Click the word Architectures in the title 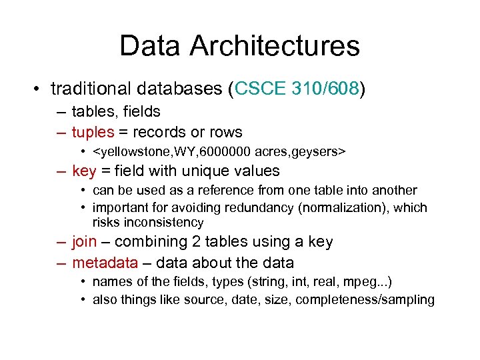pyautogui.click(x=274, y=46)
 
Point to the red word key pyautogui.click(x=84, y=171)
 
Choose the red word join pyautogui.click(x=84, y=242)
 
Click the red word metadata pyautogui.click(x=105, y=263)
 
